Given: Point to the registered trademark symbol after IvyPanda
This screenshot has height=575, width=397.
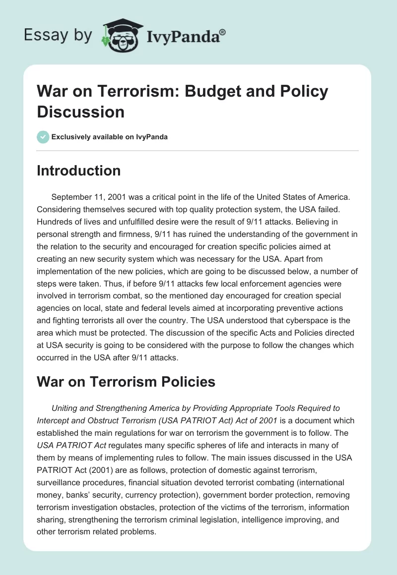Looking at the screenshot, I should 223,32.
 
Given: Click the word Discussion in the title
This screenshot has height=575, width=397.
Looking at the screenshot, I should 80,112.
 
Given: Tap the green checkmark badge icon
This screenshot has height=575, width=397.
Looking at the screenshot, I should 43,137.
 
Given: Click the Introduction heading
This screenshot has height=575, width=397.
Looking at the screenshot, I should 79,171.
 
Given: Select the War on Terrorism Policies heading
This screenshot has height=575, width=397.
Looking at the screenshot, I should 126,382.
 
